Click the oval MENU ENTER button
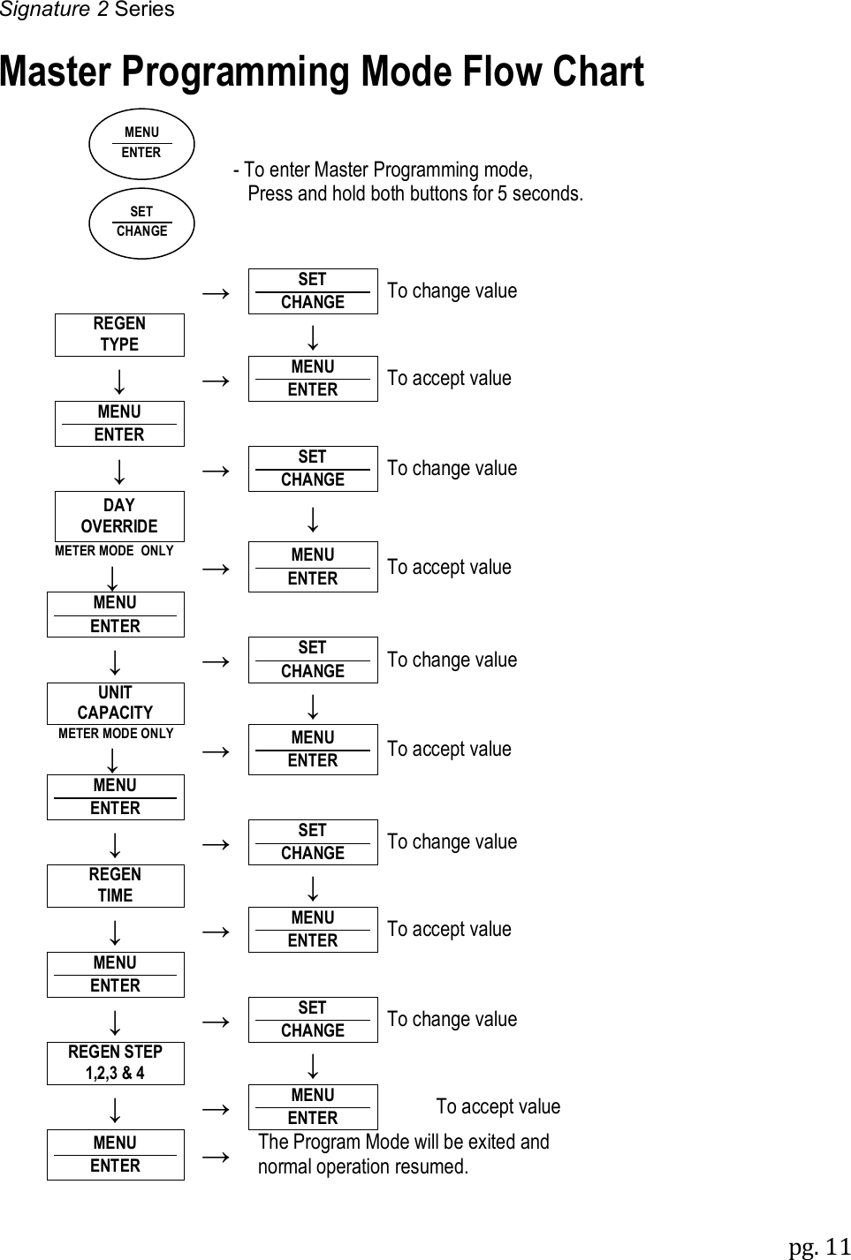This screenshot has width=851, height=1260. pyautogui.click(x=141, y=143)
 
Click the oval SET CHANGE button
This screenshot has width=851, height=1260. pyautogui.click(x=141, y=223)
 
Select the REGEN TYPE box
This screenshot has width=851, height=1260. pyautogui.click(x=119, y=335)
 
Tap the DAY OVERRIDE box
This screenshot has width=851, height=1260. pyautogui.click(x=119, y=516)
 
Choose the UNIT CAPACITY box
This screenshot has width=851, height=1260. pyautogui.click(x=115, y=703)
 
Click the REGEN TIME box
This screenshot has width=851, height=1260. pyautogui.click(x=115, y=885)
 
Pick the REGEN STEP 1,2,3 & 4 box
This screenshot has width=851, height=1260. pyautogui.click(x=115, y=1063)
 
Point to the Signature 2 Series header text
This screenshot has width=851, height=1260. pyautogui.click(x=87, y=10)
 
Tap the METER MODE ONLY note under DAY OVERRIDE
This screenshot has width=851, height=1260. pyautogui.click(x=114, y=551)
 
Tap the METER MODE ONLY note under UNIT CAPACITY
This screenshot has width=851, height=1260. pyautogui.click(x=116, y=734)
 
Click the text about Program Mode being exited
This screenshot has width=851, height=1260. pyautogui.click(x=403, y=1154)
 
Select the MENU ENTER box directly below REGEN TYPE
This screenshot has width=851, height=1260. pyautogui.click(x=119, y=423)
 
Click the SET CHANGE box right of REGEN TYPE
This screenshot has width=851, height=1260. pyautogui.click(x=313, y=290)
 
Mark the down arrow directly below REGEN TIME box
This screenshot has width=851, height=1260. pyautogui.click(x=115, y=931)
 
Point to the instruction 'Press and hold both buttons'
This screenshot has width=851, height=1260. pyautogui.click(x=414, y=193)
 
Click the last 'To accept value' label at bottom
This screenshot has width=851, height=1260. pyautogui.click(x=498, y=1106)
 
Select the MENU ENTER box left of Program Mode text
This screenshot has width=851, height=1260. pyautogui.click(x=115, y=1154)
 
